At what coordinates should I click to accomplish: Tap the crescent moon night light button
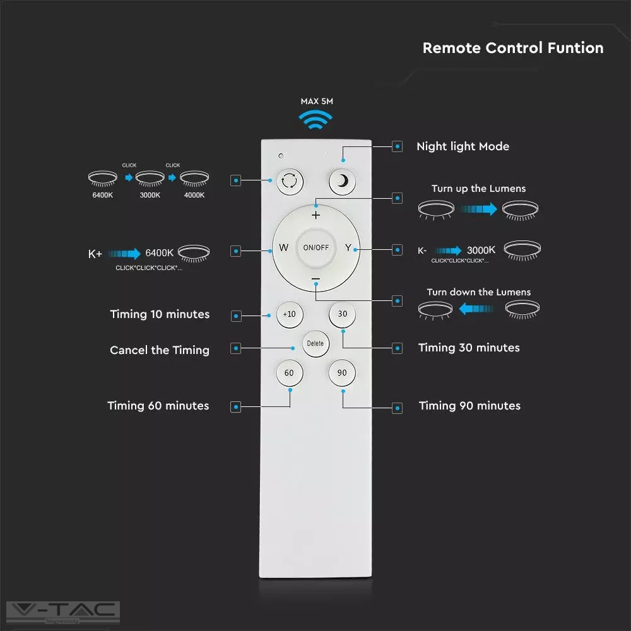point(342,181)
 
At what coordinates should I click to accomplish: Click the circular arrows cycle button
point(289,181)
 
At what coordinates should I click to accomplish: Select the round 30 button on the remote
point(342,314)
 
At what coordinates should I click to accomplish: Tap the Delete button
point(315,343)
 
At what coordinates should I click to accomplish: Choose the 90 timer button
point(342,373)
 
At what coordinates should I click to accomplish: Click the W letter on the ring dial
point(283,247)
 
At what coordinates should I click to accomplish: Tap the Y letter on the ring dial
point(348,247)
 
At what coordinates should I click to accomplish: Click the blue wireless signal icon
point(315,120)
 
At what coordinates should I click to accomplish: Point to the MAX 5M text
point(315,100)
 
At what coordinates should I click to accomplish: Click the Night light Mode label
point(463,146)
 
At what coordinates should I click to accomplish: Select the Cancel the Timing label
point(160,350)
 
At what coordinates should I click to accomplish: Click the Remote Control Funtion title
point(512,48)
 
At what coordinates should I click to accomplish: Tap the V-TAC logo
point(62,611)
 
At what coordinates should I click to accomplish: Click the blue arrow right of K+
point(124,254)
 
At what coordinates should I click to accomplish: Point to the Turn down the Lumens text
point(478,292)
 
